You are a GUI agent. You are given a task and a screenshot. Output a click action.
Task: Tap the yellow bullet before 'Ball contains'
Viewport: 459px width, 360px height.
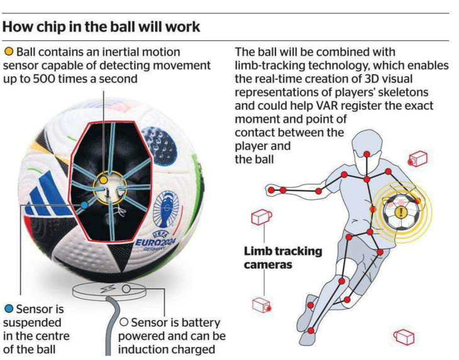pos(9,51)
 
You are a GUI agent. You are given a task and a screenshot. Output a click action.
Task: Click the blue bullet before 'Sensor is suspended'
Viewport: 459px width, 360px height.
pos(8,308)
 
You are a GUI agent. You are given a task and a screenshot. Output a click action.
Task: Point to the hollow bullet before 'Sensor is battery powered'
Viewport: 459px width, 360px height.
pos(124,322)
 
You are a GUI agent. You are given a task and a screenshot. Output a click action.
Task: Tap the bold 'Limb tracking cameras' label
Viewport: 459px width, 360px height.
pos(282,258)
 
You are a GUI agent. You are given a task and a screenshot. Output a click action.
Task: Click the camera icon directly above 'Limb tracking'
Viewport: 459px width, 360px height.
pos(261,217)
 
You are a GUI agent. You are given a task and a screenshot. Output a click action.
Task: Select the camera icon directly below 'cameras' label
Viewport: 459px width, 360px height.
pos(261,304)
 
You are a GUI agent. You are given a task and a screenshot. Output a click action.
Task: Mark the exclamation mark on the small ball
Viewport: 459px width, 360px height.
pos(401,211)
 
